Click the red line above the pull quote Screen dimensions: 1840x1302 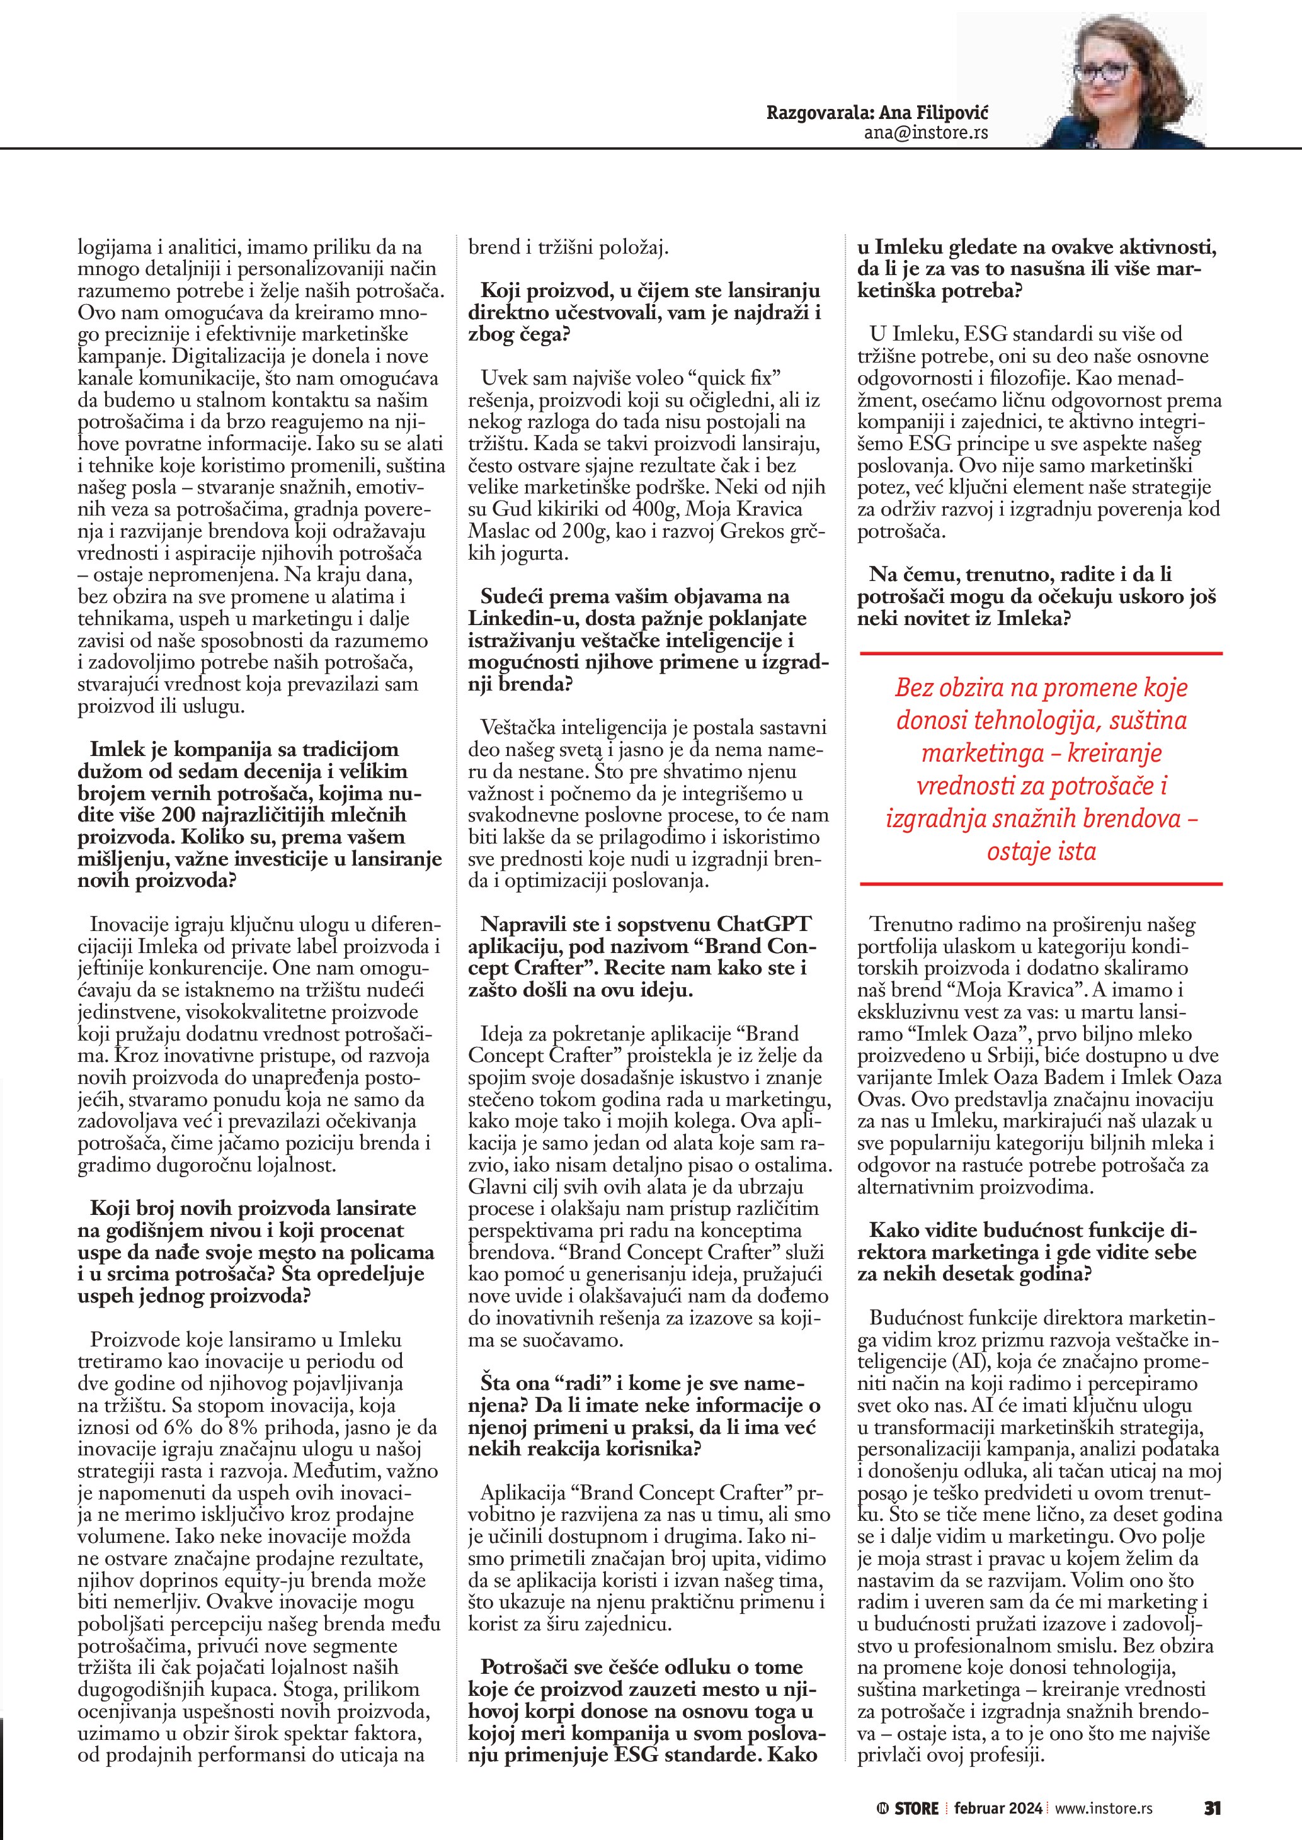click(x=1040, y=655)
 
